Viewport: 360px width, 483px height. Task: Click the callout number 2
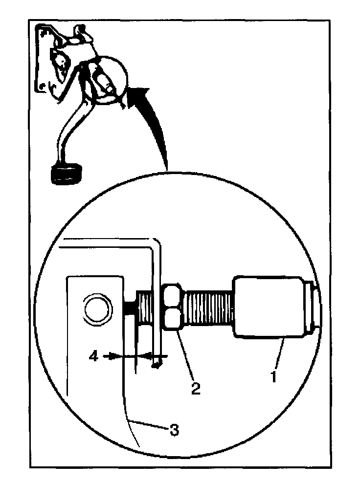click(195, 388)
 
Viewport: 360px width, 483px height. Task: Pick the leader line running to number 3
click(147, 425)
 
